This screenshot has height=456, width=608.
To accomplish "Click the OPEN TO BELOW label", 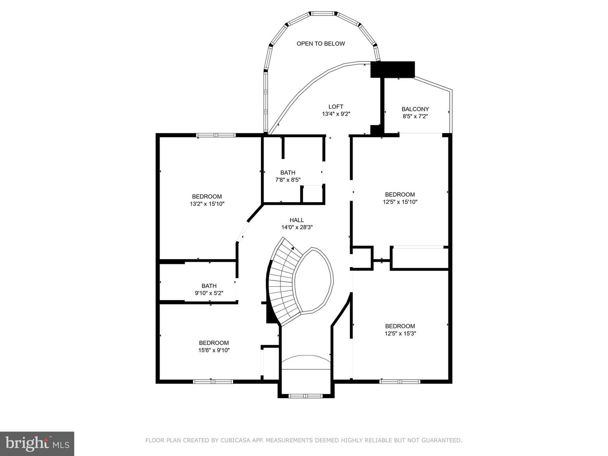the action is coord(320,43).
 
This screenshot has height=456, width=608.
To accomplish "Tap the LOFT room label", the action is coord(336,106).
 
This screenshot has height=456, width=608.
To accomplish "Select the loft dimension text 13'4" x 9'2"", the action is coord(336,114).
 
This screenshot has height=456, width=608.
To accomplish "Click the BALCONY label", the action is coord(415,109).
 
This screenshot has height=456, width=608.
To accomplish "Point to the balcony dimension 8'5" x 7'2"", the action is coord(415,116).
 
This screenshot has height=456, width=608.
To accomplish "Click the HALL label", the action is coord(297,220).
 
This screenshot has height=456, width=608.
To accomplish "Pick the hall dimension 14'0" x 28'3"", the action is coord(297,227).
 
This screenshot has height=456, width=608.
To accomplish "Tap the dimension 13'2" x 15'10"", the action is coord(207,204).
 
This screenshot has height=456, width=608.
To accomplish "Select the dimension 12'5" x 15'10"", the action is coord(400,202).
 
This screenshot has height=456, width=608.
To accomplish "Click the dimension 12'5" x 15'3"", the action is coord(400,334).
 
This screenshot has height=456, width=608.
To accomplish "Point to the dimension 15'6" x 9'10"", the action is coord(214,350).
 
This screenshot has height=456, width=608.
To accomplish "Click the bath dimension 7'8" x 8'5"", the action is coord(288,180).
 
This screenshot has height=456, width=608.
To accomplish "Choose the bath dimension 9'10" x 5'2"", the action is coord(209,293).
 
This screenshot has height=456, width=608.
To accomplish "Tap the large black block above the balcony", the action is coord(393,69).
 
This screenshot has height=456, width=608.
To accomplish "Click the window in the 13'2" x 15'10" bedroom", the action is coord(216,135).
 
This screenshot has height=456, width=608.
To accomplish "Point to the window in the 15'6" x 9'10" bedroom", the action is coord(213,382).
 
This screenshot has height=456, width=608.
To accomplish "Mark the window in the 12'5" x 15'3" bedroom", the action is coord(400,382).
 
